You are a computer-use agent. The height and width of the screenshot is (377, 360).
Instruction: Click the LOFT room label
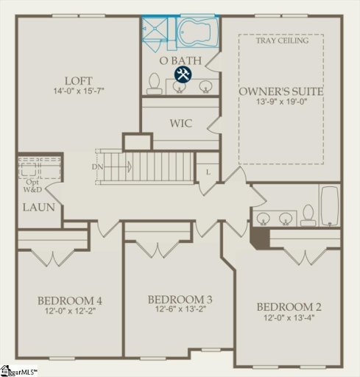coord(77,80)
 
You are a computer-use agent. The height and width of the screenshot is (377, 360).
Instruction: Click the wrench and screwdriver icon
coord(183,74)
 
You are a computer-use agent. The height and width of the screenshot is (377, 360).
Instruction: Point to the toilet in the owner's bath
coord(155,84)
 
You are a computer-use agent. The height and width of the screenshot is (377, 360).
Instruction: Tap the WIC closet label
coord(180,124)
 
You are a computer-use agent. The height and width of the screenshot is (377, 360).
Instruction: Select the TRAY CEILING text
coord(282,40)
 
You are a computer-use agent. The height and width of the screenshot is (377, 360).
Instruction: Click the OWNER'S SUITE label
coord(281,91)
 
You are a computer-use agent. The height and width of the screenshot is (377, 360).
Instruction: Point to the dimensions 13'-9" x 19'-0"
coord(281,104)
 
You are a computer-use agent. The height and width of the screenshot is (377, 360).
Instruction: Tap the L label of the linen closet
coord(208,171)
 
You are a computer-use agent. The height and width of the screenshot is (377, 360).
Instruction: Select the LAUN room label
coord(38,208)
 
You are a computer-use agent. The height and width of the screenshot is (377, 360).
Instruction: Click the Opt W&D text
coord(32,186)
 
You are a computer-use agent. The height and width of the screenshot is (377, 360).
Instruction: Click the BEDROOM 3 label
coord(180,299)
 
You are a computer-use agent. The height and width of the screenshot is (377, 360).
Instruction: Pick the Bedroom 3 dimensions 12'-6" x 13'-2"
coord(180,311)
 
